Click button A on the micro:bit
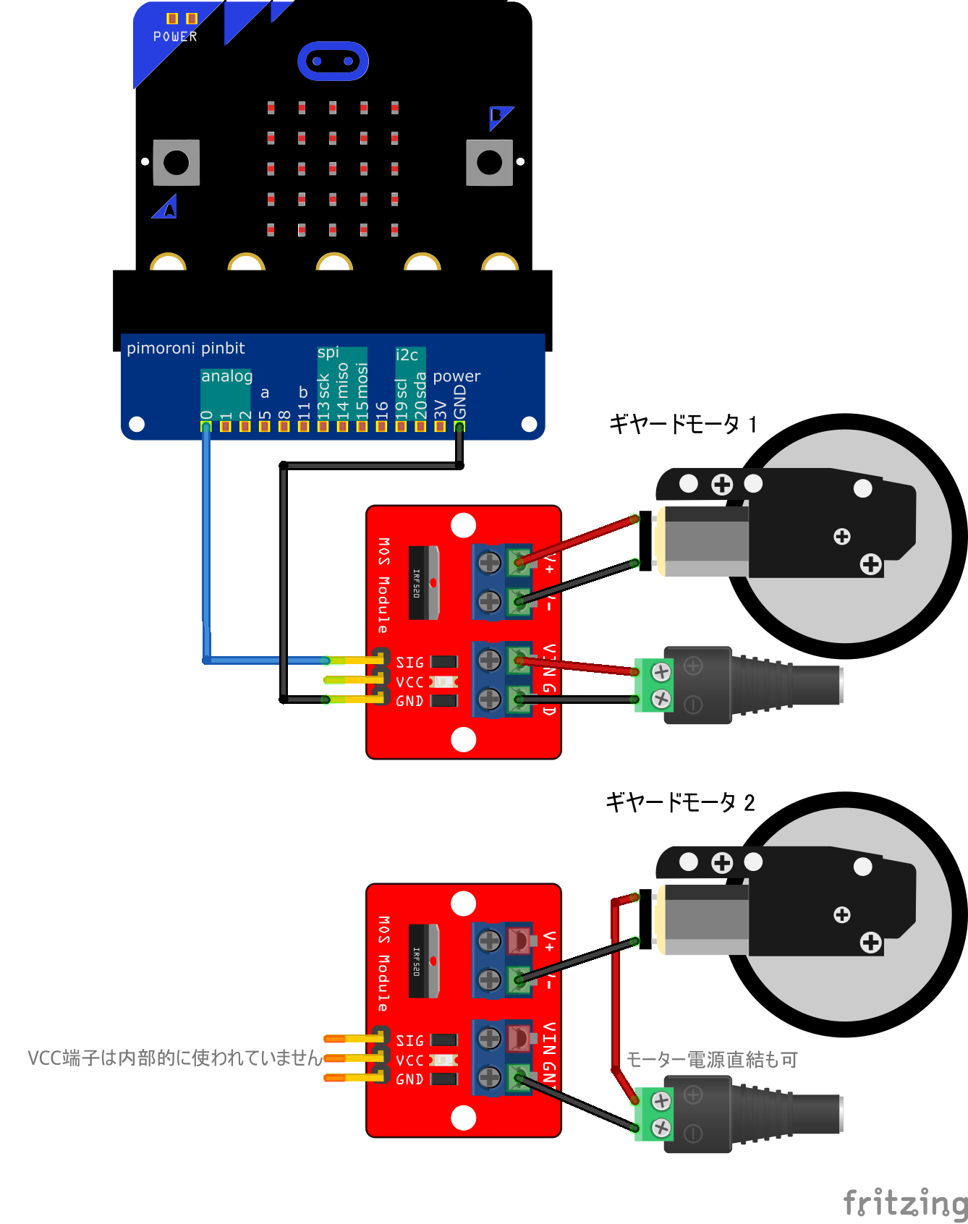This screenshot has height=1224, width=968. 176,163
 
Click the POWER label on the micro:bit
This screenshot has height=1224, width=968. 175,36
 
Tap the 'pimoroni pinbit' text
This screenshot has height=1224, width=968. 185,348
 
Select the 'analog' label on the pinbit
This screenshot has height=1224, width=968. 226,376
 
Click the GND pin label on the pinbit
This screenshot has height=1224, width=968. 460,401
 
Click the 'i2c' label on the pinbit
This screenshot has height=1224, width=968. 407,355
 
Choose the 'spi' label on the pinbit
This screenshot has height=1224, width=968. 328,352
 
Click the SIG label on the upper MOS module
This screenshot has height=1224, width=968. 409,662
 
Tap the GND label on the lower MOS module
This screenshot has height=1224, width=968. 409,1079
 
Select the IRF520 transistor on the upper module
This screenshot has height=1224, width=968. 424,583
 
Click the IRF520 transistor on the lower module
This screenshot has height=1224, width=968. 424,961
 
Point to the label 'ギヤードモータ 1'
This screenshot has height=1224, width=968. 682,423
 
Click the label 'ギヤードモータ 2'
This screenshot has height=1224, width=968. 679,802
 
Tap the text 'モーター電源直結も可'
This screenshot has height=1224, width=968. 712,1060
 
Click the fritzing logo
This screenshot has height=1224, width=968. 905,1203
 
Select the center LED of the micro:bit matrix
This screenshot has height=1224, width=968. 333,169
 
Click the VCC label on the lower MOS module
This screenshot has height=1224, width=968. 409,1060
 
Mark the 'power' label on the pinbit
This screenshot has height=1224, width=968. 457,376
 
